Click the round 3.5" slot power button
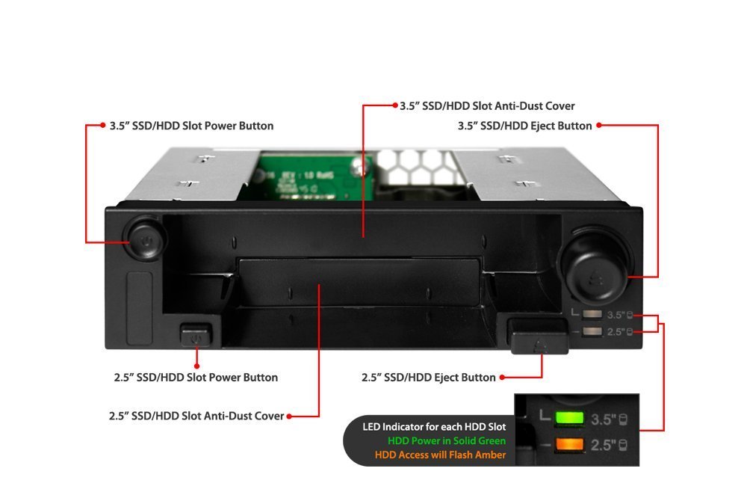pos(145,238)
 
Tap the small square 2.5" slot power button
pos(196,335)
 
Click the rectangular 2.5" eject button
pos(539,336)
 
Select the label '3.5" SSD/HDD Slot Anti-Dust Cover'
pos(487,106)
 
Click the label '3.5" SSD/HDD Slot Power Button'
pos(191,126)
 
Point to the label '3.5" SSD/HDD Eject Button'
pos(524,126)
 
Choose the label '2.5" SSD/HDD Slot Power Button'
pos(196,378)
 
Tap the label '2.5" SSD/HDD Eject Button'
pos(428,378)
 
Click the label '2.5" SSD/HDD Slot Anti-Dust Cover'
pos(196,416)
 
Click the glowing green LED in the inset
pos(568,418)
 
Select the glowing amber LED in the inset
pos(568,445)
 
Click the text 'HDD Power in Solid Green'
pos(447,440)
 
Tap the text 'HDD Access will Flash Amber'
pos(440,455)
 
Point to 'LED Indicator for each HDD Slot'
pos(434,427)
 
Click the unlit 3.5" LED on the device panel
pos(592,314)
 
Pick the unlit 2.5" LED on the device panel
pos(592,331)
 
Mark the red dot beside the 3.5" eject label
pos(599,126)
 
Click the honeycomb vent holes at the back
pos(415,167)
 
